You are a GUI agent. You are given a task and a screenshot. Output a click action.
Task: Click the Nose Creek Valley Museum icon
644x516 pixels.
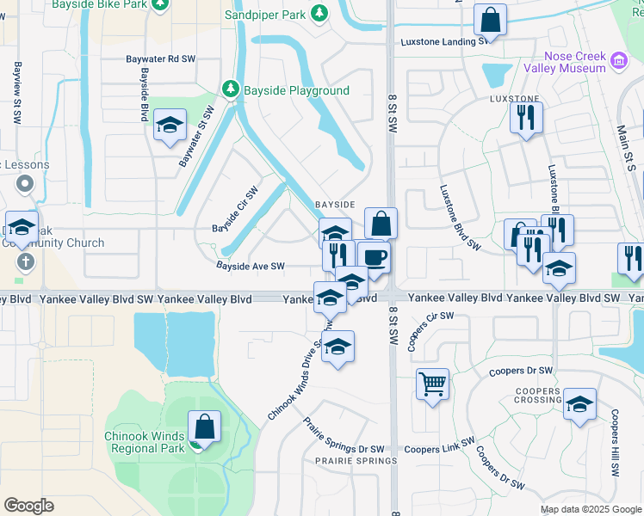618,60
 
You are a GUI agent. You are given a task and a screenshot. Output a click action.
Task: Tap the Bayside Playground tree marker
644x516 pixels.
230,89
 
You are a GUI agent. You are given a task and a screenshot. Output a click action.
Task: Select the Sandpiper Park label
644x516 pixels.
265,15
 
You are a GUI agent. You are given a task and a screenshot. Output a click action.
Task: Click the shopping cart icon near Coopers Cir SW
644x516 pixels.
432,383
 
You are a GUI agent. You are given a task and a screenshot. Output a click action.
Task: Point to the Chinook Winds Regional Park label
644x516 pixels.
145,442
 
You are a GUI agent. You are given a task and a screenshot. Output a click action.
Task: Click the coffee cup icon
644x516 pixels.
374,257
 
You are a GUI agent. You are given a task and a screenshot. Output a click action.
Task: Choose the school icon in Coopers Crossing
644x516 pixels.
580,403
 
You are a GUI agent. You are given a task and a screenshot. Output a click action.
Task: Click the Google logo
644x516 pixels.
28,506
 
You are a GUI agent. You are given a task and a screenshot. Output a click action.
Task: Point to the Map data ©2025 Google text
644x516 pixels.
590,509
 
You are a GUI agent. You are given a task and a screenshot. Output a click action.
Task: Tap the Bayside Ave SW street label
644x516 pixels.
251,267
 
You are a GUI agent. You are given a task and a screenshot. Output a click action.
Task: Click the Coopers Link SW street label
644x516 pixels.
440,449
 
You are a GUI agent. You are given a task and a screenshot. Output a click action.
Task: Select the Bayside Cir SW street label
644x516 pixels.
236,210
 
